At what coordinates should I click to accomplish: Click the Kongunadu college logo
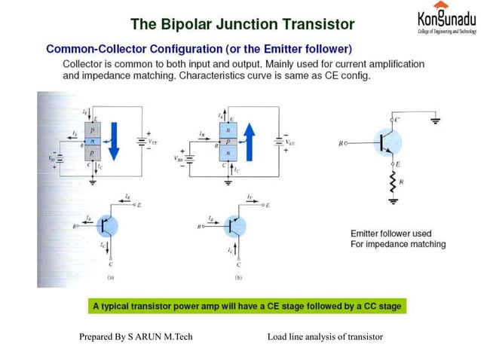[445, 20]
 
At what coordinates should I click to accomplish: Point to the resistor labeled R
[392, 184]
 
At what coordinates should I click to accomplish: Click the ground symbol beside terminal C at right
[434, 118]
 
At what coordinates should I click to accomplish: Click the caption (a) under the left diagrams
[111, 277]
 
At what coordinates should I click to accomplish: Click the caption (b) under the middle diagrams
[238, 277]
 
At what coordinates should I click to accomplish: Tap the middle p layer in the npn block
[228, 140]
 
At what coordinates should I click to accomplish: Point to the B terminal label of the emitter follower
[342, 142]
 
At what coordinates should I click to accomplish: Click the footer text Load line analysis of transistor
[326, 336]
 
